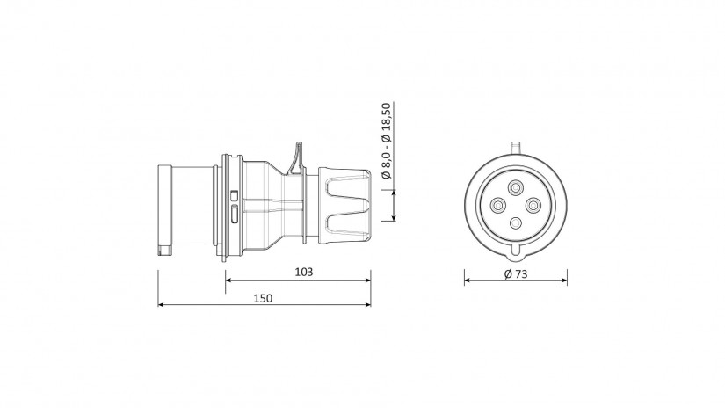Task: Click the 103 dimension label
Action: (x=304, y=272)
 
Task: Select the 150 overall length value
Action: (x=263, y=298)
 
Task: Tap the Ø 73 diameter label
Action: (x=516, y=273)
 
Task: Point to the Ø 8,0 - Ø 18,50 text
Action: (x=386, y=141)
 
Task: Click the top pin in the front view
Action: (x=516, y=188)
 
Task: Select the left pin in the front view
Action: (x=498, y=205)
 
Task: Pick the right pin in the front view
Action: (x=533, y=205)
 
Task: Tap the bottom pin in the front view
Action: (x=516, y=223)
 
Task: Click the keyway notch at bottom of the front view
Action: (x=516, y=251)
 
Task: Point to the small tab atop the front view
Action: (x=516, y=147)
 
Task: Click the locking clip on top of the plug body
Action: (x=296, y=157)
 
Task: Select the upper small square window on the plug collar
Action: (x=234, y=195)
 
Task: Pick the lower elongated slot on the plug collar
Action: (x=234, y=215)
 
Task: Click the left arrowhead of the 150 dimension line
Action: (x=161, y=305)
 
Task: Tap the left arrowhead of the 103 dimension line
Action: (x=228, y=280)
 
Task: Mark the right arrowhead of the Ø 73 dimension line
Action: (x=564, y=280)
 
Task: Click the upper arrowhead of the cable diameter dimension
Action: (x=394, y=193)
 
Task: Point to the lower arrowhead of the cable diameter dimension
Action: (x=394, y=218)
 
